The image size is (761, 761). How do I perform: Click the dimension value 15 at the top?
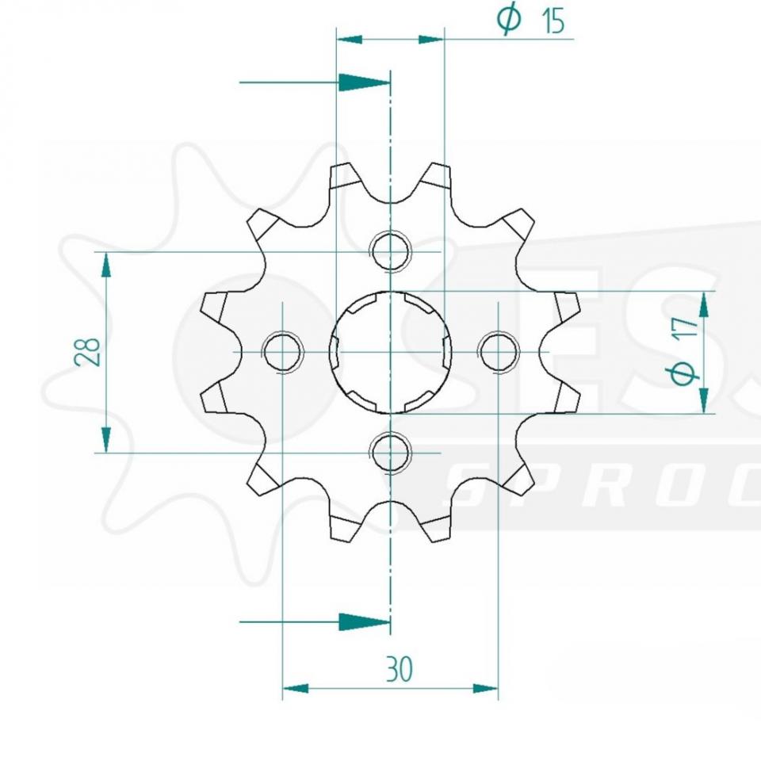(x=553, y=22)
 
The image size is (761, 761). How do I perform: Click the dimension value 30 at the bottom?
(x=400, y=670)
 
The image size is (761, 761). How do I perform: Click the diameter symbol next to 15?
(x=509, y=20)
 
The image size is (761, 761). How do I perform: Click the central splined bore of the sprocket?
(x=391, y=352)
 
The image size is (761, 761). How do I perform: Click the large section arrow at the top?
(x=364, y=82)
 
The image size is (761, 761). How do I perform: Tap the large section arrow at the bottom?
(x=364, y=621)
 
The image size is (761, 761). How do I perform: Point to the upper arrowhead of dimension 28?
(x=105, y=266)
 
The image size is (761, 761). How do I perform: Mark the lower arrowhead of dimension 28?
(x=105, y=438)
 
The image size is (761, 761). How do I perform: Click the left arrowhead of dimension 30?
(x=296, y=688)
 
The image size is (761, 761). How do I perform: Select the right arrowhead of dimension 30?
(x=485, y=688)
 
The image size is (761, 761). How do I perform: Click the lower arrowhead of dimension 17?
(x=704, y=400)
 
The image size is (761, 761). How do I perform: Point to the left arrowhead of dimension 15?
(x=350, y=38)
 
